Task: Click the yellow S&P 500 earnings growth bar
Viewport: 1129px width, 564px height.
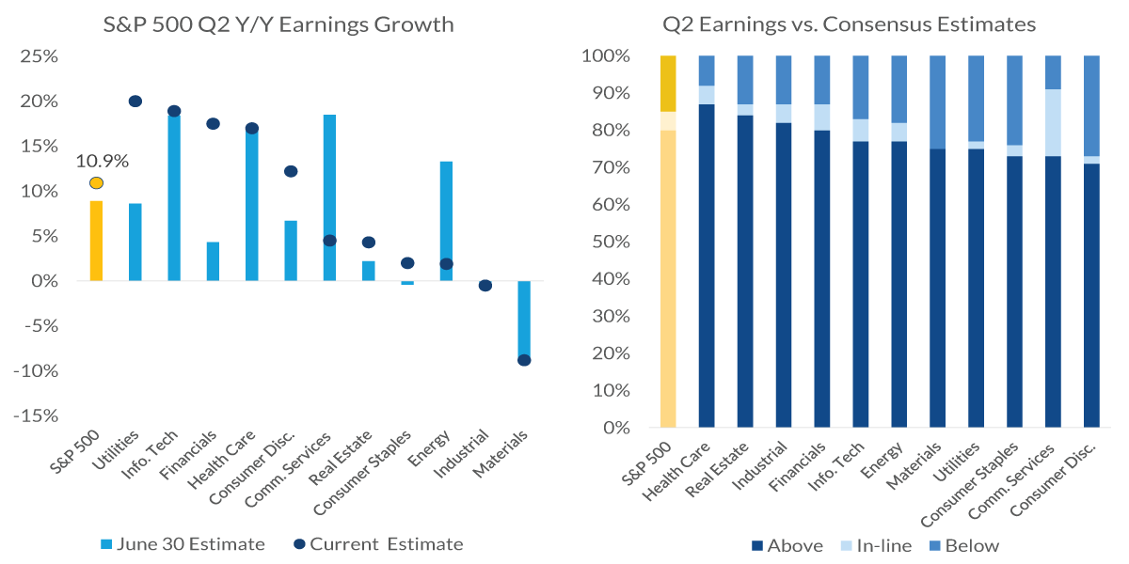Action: pyautogui.click(x=97, y=241)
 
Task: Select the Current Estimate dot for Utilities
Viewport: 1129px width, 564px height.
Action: pyautogui.click(x=135, y=102)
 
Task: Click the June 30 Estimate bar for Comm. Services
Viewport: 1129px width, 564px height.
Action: pyautogui.click(x=329, y=197)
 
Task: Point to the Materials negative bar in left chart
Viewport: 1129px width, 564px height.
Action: pyautogui.click(x=524, y=320)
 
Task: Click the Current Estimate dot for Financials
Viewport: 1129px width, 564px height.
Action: pyautogui.click(x=213, y=124)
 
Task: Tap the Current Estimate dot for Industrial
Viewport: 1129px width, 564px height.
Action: pyautogui.click(x=485, y=286)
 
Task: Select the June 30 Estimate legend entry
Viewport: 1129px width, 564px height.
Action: pyautogui.click(x=183, y=544)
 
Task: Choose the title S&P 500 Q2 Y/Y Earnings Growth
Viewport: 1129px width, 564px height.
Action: pyautogui.click(x=278, y=24)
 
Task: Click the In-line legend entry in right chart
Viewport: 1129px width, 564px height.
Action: pyautogui.click(x=875, y=545)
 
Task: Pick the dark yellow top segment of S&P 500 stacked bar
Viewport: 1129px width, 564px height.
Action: pyautogui.click(x=668, y=84)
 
